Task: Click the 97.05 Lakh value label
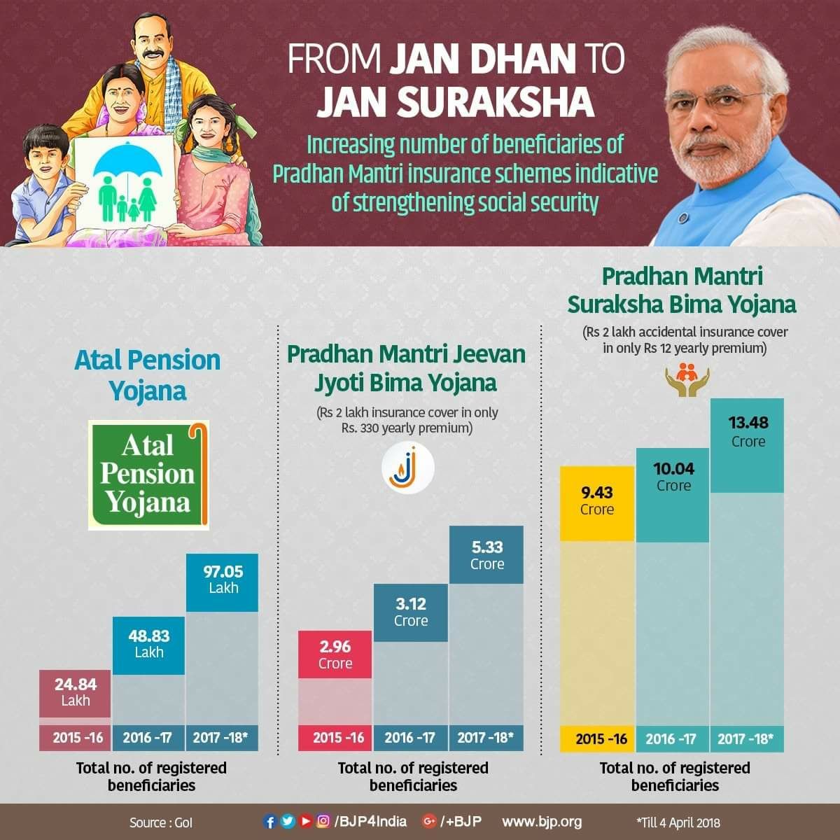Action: click(x=223, y=580)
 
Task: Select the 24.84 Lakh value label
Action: click(x=76, y=692)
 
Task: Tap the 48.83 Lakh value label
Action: click(x=148, y=644)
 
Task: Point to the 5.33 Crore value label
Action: click(x=486, y=555)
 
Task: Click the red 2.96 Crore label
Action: click(x=335, y=654)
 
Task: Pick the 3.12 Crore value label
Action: click(x=410, y=612)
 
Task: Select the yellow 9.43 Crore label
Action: click(x=596, y=501)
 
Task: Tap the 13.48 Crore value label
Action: click(x=748, y=432)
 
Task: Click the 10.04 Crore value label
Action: click(x=673, y=477)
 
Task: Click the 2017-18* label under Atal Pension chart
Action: click(x=223, y=737)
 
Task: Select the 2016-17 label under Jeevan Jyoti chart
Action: click(x=410, y=737)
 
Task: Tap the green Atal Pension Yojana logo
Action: click(x=148, y=475)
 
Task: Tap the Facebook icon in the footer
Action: click(x=269, y=821)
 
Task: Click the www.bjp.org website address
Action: click(x=541, y=821)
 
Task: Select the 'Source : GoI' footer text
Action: click(x=160, y=822)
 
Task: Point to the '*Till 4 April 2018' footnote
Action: click(x=677, y=822)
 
